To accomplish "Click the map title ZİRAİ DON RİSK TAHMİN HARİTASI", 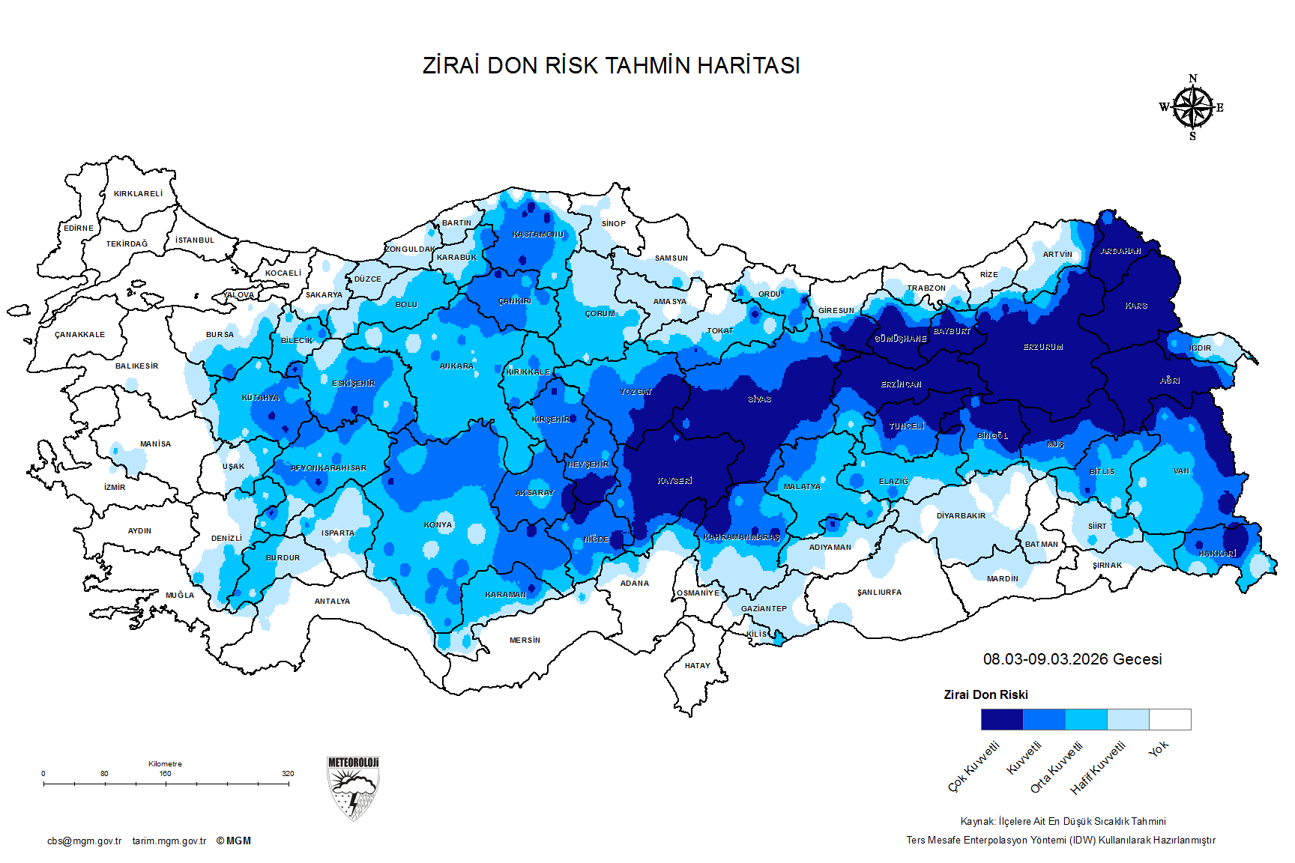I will pos(611,66).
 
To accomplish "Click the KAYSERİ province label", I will pos(674,481).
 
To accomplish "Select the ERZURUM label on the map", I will pos(1043,348).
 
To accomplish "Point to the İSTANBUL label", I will pos(195,240).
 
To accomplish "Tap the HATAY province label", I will pos(697,666).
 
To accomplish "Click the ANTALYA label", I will pos(332,602).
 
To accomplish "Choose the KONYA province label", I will pos(438,525).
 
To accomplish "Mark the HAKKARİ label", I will pos(1217,554).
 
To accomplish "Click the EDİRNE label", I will pos(79,228).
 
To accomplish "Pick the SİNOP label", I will pos(613,224).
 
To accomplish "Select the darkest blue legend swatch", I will pos(1001,720).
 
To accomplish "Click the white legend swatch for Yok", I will pos(1170,720).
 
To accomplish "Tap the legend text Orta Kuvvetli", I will pos(1057,767).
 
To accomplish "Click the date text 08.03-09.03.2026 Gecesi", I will pos(1072,659).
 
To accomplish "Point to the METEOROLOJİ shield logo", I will pos(353,788).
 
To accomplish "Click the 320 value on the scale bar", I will pos(288,774).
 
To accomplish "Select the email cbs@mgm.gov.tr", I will pos(84,841).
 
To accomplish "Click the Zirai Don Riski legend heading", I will pos(985,695).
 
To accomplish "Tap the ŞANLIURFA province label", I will pos(879,593).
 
